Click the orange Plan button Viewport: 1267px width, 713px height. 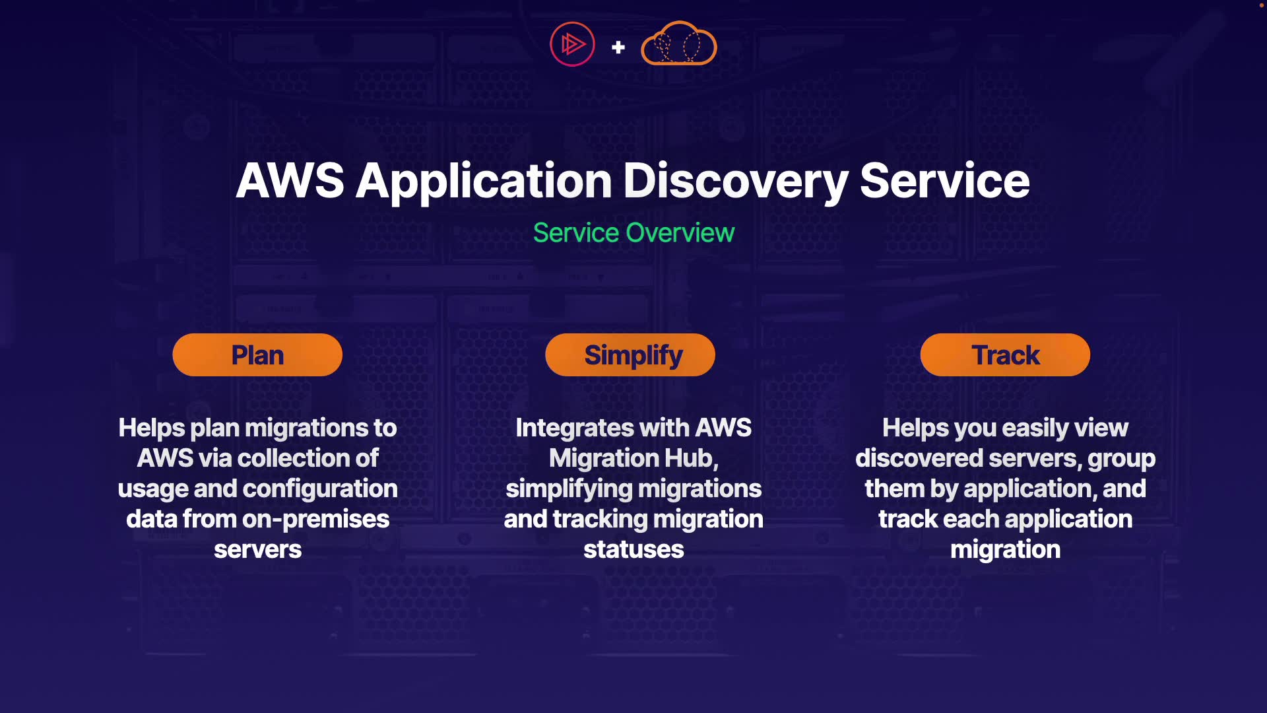point(257,355)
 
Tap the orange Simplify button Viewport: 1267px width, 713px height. point(630,355)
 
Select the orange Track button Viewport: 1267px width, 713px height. point(1005,355)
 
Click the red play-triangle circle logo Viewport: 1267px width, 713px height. point(572,44)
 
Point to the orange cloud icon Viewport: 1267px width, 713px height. point(678,44)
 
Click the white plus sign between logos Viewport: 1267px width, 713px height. point(618,48)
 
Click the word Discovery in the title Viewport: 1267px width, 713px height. point(735,181)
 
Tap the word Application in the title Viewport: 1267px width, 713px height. point(484,181)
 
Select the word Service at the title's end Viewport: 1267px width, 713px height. point(944,181)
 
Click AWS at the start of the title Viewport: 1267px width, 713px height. point(290,181)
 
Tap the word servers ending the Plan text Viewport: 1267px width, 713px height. point(257,550)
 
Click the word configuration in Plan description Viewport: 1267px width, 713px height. point(320,489)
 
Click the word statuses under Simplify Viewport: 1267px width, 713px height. point(633,550)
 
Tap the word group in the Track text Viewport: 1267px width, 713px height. point(1121,458)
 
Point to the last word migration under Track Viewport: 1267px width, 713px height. point(1005,550)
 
